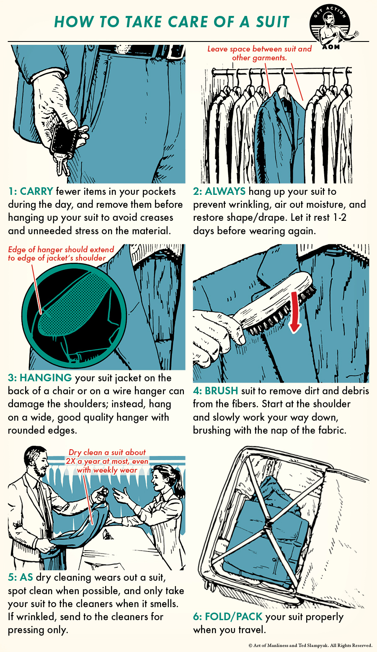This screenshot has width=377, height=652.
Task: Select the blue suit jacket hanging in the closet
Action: (x=279, y=134)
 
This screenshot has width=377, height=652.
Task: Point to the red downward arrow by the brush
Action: (x=295, y=312)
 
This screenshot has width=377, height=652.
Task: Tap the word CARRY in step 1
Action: (x=36, y=191)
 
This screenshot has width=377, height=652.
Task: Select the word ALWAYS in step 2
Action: (x=225, y=191)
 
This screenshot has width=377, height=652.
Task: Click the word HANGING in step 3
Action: (x=46, y=378)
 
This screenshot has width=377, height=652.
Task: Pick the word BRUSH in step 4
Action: (x=221, y=391)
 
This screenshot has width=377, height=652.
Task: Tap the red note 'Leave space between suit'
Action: (x=260, y=49)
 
